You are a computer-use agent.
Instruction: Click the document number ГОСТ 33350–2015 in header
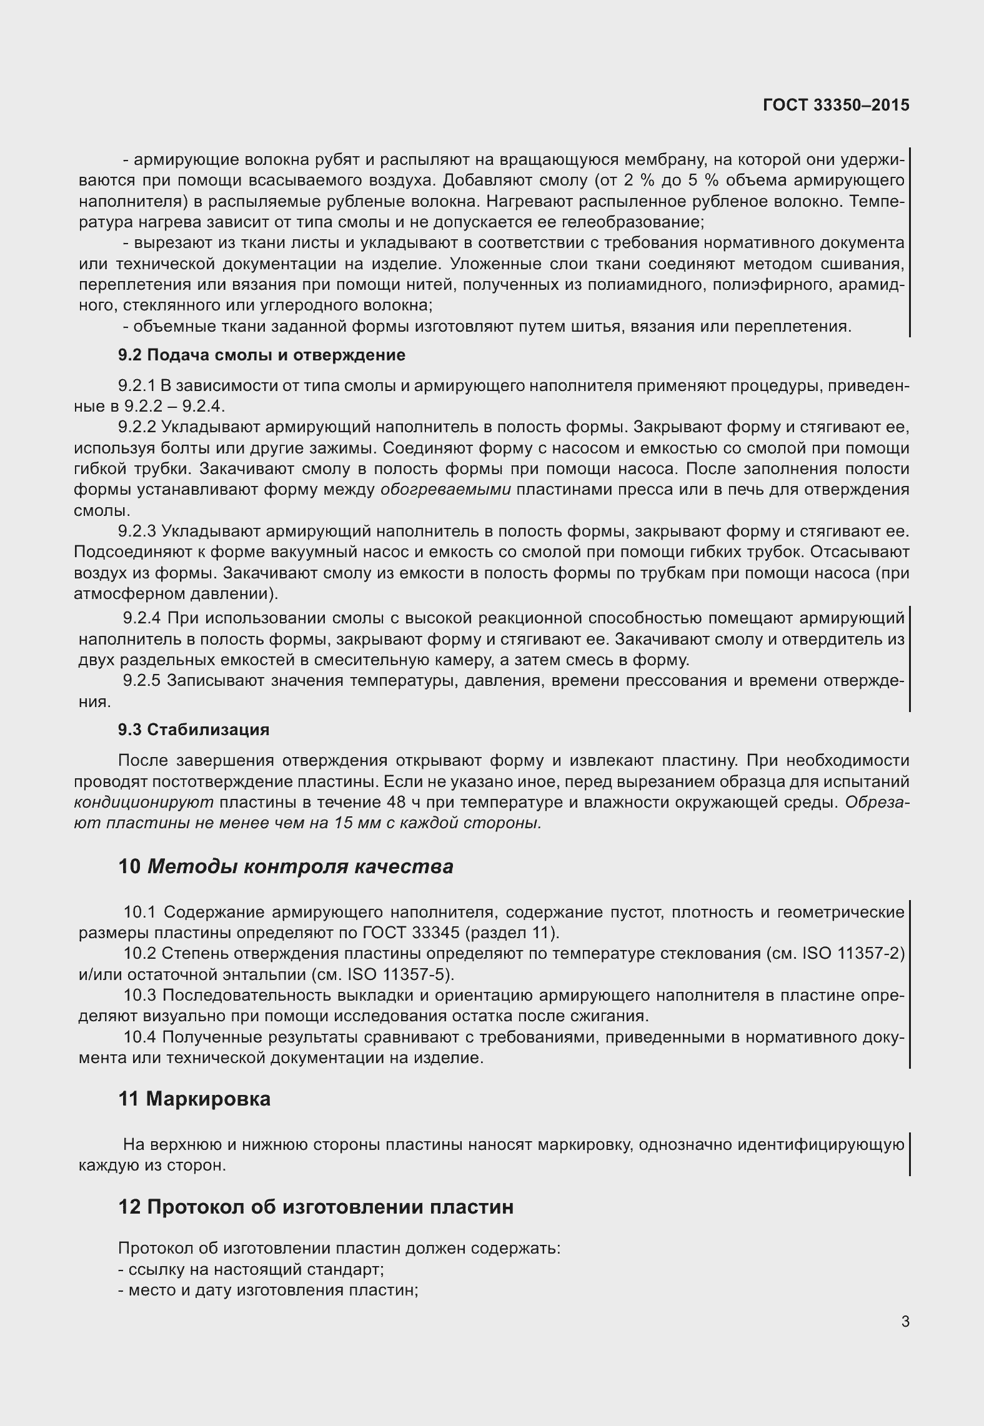pyautogui.click(x=836, y=105)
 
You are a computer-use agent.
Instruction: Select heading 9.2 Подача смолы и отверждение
pyautogui.click(x=262, y=355)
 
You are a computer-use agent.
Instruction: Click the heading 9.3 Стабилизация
pyautogui.click(x=194, y=730)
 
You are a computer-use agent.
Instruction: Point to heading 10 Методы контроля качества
pyautogui.click(x=286, y=866)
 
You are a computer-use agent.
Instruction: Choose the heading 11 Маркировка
pyautogui.click(x=194, y=1099)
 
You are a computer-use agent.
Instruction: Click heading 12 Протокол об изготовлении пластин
pyautogui.click(x=316, y=1206)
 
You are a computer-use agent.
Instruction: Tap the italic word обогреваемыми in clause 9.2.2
pyautogui.click(x=445, y=490)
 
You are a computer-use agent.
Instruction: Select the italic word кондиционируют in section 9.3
pyautogui.click(x=143, y=802)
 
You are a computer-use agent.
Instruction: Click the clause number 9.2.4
pyautogui.click(x=142, y=618)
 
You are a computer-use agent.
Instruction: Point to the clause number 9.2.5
pyautogui.click(x=142, y=680)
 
